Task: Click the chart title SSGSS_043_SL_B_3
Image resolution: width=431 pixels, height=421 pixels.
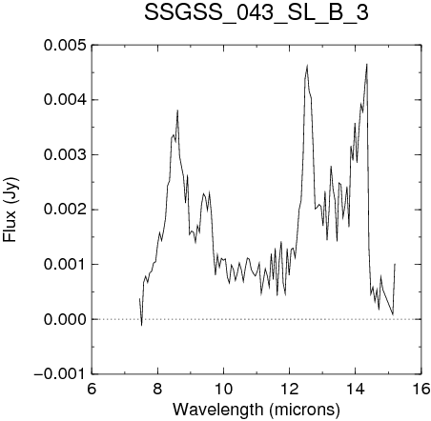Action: point(257,12)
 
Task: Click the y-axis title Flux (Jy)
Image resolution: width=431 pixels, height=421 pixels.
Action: point(10,210)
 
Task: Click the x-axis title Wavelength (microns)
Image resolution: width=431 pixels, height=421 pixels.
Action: point(257,410)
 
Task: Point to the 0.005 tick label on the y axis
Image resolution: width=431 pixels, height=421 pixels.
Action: point(65,45)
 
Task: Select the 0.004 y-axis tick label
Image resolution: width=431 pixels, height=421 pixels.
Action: point(65,100)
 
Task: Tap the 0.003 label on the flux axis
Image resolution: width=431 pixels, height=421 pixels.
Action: point(65,155)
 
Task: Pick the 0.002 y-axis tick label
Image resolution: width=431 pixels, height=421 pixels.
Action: point(65,210)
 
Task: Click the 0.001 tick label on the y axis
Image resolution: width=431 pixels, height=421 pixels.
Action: point(65,264)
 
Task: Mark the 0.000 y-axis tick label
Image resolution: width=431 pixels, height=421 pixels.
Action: point(65,319)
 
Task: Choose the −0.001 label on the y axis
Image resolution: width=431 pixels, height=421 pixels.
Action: point(60,374)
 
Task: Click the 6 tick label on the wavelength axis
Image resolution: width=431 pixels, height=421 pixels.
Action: point(92,389)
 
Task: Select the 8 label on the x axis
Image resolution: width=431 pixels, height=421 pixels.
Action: point(157,389)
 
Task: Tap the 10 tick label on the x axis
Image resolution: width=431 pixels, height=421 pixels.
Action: point(223,389)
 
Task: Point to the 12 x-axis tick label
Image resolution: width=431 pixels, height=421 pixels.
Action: point(290,389)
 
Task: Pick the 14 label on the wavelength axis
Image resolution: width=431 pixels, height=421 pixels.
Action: point(356,389)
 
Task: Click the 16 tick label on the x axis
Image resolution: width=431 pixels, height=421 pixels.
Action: point(421,389)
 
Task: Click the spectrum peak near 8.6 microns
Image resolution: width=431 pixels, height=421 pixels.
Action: point(177,110)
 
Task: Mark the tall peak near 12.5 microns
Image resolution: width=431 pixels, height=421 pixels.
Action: point(307,65)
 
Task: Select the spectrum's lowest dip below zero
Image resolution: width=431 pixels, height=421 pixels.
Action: point(141,325)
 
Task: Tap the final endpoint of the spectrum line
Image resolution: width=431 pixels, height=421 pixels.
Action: point(395,264)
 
